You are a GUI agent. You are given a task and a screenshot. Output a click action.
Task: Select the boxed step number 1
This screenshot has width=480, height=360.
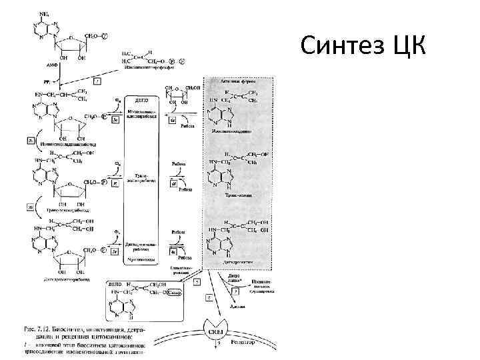point(97,81)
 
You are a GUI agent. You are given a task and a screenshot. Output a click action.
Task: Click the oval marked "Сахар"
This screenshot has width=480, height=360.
point(179,291)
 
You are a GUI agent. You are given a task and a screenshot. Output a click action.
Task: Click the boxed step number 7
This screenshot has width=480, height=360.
point(255,291)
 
